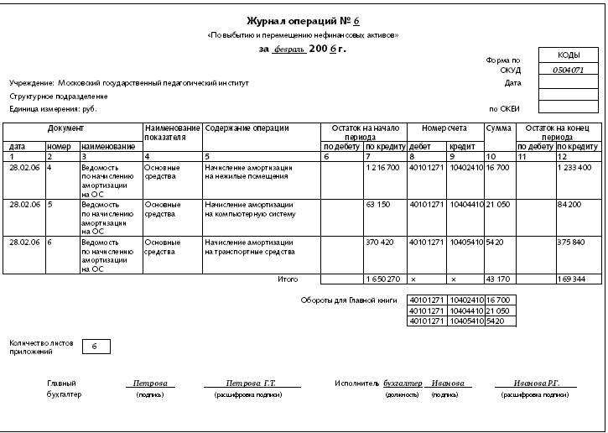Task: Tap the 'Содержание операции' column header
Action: coord(247,128)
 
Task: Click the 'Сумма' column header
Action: coord(498,128)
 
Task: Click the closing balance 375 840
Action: coord(572,242)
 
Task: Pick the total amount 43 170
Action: coord(498,278)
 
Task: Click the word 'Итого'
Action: coord(287,278)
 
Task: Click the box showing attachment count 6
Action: coord(95,346)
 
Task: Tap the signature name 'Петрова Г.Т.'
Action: coord(245,383)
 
